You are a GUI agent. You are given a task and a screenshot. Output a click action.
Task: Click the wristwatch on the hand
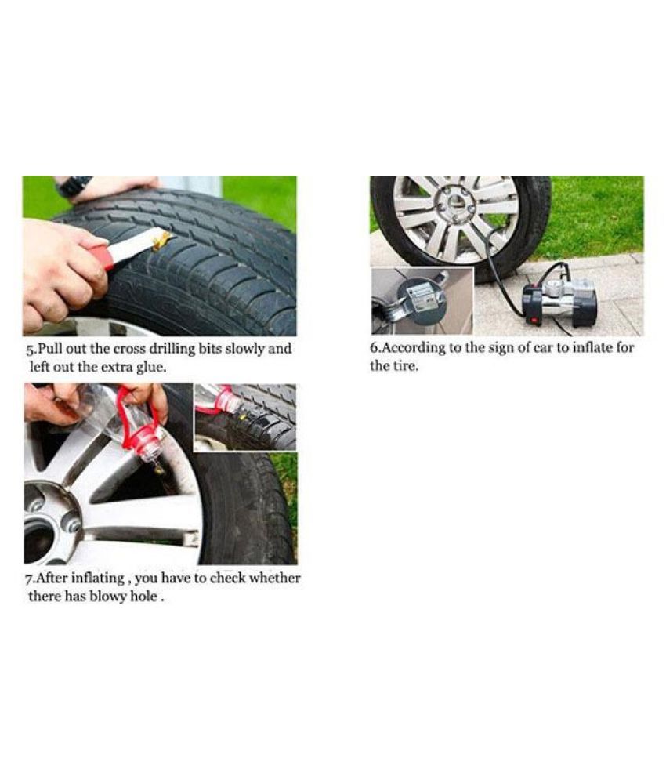[74, 186]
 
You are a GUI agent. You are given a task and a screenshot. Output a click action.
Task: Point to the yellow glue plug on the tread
[163, 238]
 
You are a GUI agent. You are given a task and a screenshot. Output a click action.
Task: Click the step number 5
[28, 349]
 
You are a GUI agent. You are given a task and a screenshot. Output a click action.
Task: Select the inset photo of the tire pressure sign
[422, 301]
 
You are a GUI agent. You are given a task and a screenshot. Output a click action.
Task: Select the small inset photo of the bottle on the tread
[245, 416]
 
